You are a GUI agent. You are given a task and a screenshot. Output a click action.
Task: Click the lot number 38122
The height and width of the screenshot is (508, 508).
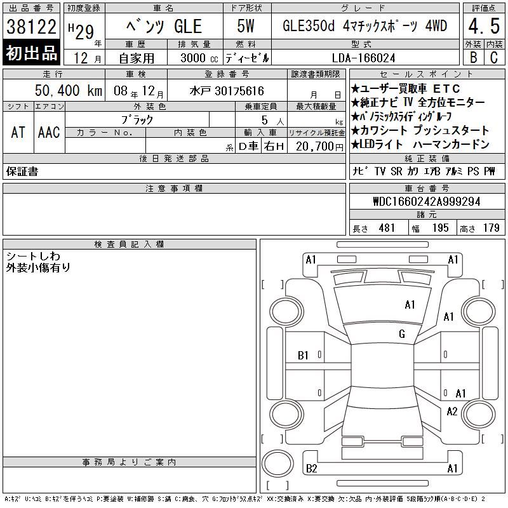tap(31, 26)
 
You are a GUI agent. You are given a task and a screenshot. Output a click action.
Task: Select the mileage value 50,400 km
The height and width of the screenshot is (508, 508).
tap(69, 90)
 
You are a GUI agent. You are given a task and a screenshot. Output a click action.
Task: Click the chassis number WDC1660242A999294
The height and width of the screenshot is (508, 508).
tap(427, 201)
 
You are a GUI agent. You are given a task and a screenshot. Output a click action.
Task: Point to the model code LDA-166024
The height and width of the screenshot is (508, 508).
tap(363, 58)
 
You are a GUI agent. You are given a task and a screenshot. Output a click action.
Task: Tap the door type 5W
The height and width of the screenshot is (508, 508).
tap(246, 26)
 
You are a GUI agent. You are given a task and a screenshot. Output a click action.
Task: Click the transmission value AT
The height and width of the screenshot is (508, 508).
tap(18, 132)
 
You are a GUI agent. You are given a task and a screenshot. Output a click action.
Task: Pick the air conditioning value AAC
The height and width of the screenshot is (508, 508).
tap(49, 132)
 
